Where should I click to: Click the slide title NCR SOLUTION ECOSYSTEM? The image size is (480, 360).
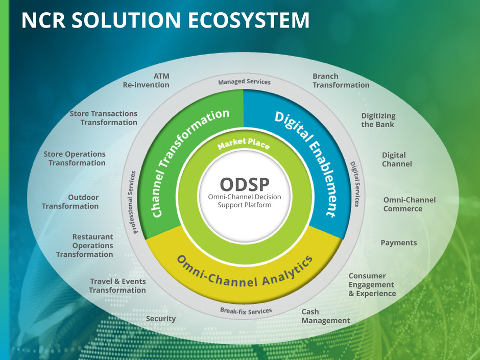(165, 20)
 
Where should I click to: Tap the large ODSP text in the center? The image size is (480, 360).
(244, 184)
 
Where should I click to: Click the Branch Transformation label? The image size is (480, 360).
(341, 81)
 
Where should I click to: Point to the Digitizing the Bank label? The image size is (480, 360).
(378, 120)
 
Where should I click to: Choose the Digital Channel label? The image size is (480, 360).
(397, 159)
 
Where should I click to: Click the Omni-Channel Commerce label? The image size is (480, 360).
(409, 204)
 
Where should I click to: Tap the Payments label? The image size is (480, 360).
(399, 243)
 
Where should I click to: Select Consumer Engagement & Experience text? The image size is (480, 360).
(372, 285)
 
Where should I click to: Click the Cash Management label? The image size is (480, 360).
(326, 316)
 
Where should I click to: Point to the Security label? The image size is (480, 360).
(161, 319)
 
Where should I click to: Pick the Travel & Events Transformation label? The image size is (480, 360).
(117, 286)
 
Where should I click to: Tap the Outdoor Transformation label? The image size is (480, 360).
(70, 202)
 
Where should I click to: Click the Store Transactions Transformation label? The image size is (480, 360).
(104, 118)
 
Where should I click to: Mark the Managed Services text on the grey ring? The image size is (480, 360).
(245, 81)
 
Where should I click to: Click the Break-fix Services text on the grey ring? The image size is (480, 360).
(246, 310)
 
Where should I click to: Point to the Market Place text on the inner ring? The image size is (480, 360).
(244, 145)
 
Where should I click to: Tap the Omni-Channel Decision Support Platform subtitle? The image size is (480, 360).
(245, 201)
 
